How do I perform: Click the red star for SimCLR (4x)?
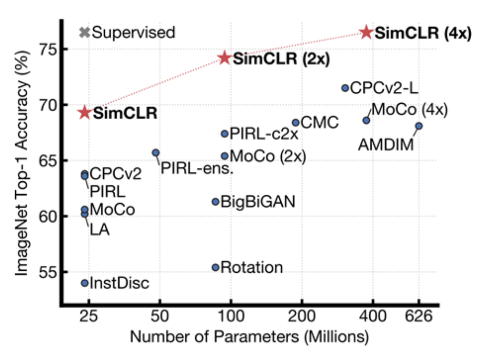pos(366,32)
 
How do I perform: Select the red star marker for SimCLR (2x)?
pos(225,58)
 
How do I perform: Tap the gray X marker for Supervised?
pos(85,32)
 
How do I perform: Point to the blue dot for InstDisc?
pos(85,283)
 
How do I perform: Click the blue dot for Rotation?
pos(216,268)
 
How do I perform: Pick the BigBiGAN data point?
pos(216,202)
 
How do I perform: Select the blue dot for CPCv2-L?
pos(345,88)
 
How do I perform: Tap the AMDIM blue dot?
pos(419,126)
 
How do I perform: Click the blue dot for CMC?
pos(296,122)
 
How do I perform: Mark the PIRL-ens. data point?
pos(156,153)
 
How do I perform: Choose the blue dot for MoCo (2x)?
pos(225,156)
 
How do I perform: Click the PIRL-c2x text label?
pos(264,134)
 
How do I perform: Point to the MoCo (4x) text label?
pos(409,110)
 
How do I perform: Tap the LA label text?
pos(100,230)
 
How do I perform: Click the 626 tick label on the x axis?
pos(418,316)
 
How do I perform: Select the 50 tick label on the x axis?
pos(160,316)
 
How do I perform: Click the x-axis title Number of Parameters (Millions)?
pos(249,337)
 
